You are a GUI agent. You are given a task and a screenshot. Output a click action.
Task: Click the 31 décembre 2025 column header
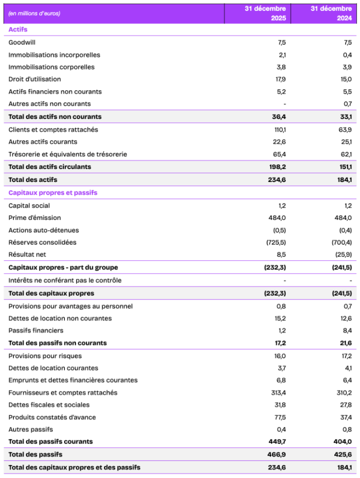[x=265, y=14]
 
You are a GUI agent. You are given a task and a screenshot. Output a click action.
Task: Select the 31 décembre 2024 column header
[x=332, y=14]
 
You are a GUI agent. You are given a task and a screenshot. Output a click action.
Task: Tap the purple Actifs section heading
[x=18, y=29]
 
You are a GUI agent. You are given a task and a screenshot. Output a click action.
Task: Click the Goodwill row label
[x=22, y=42]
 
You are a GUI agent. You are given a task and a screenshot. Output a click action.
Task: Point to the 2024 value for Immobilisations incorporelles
[x=346, y=55]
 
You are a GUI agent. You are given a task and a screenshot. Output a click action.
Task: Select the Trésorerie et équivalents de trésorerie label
[x=68, y=154]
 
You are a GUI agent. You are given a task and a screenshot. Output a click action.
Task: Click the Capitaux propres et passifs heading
[x=53, y=192]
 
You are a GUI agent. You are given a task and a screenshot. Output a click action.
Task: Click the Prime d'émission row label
[x=35, y=218]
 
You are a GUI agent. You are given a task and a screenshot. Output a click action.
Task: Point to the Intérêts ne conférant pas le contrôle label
[x=65, y=281]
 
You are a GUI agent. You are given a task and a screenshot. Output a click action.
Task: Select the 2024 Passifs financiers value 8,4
[x=346, y=330]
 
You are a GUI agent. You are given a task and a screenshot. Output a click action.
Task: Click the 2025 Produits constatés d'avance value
[x=280, y=417]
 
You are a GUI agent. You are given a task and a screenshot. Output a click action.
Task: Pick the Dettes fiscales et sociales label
[x=49, y=405]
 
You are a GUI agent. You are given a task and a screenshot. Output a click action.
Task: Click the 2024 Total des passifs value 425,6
[x=344, y=454]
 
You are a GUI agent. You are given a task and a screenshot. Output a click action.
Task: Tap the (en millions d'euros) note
[x=34, y=14]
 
